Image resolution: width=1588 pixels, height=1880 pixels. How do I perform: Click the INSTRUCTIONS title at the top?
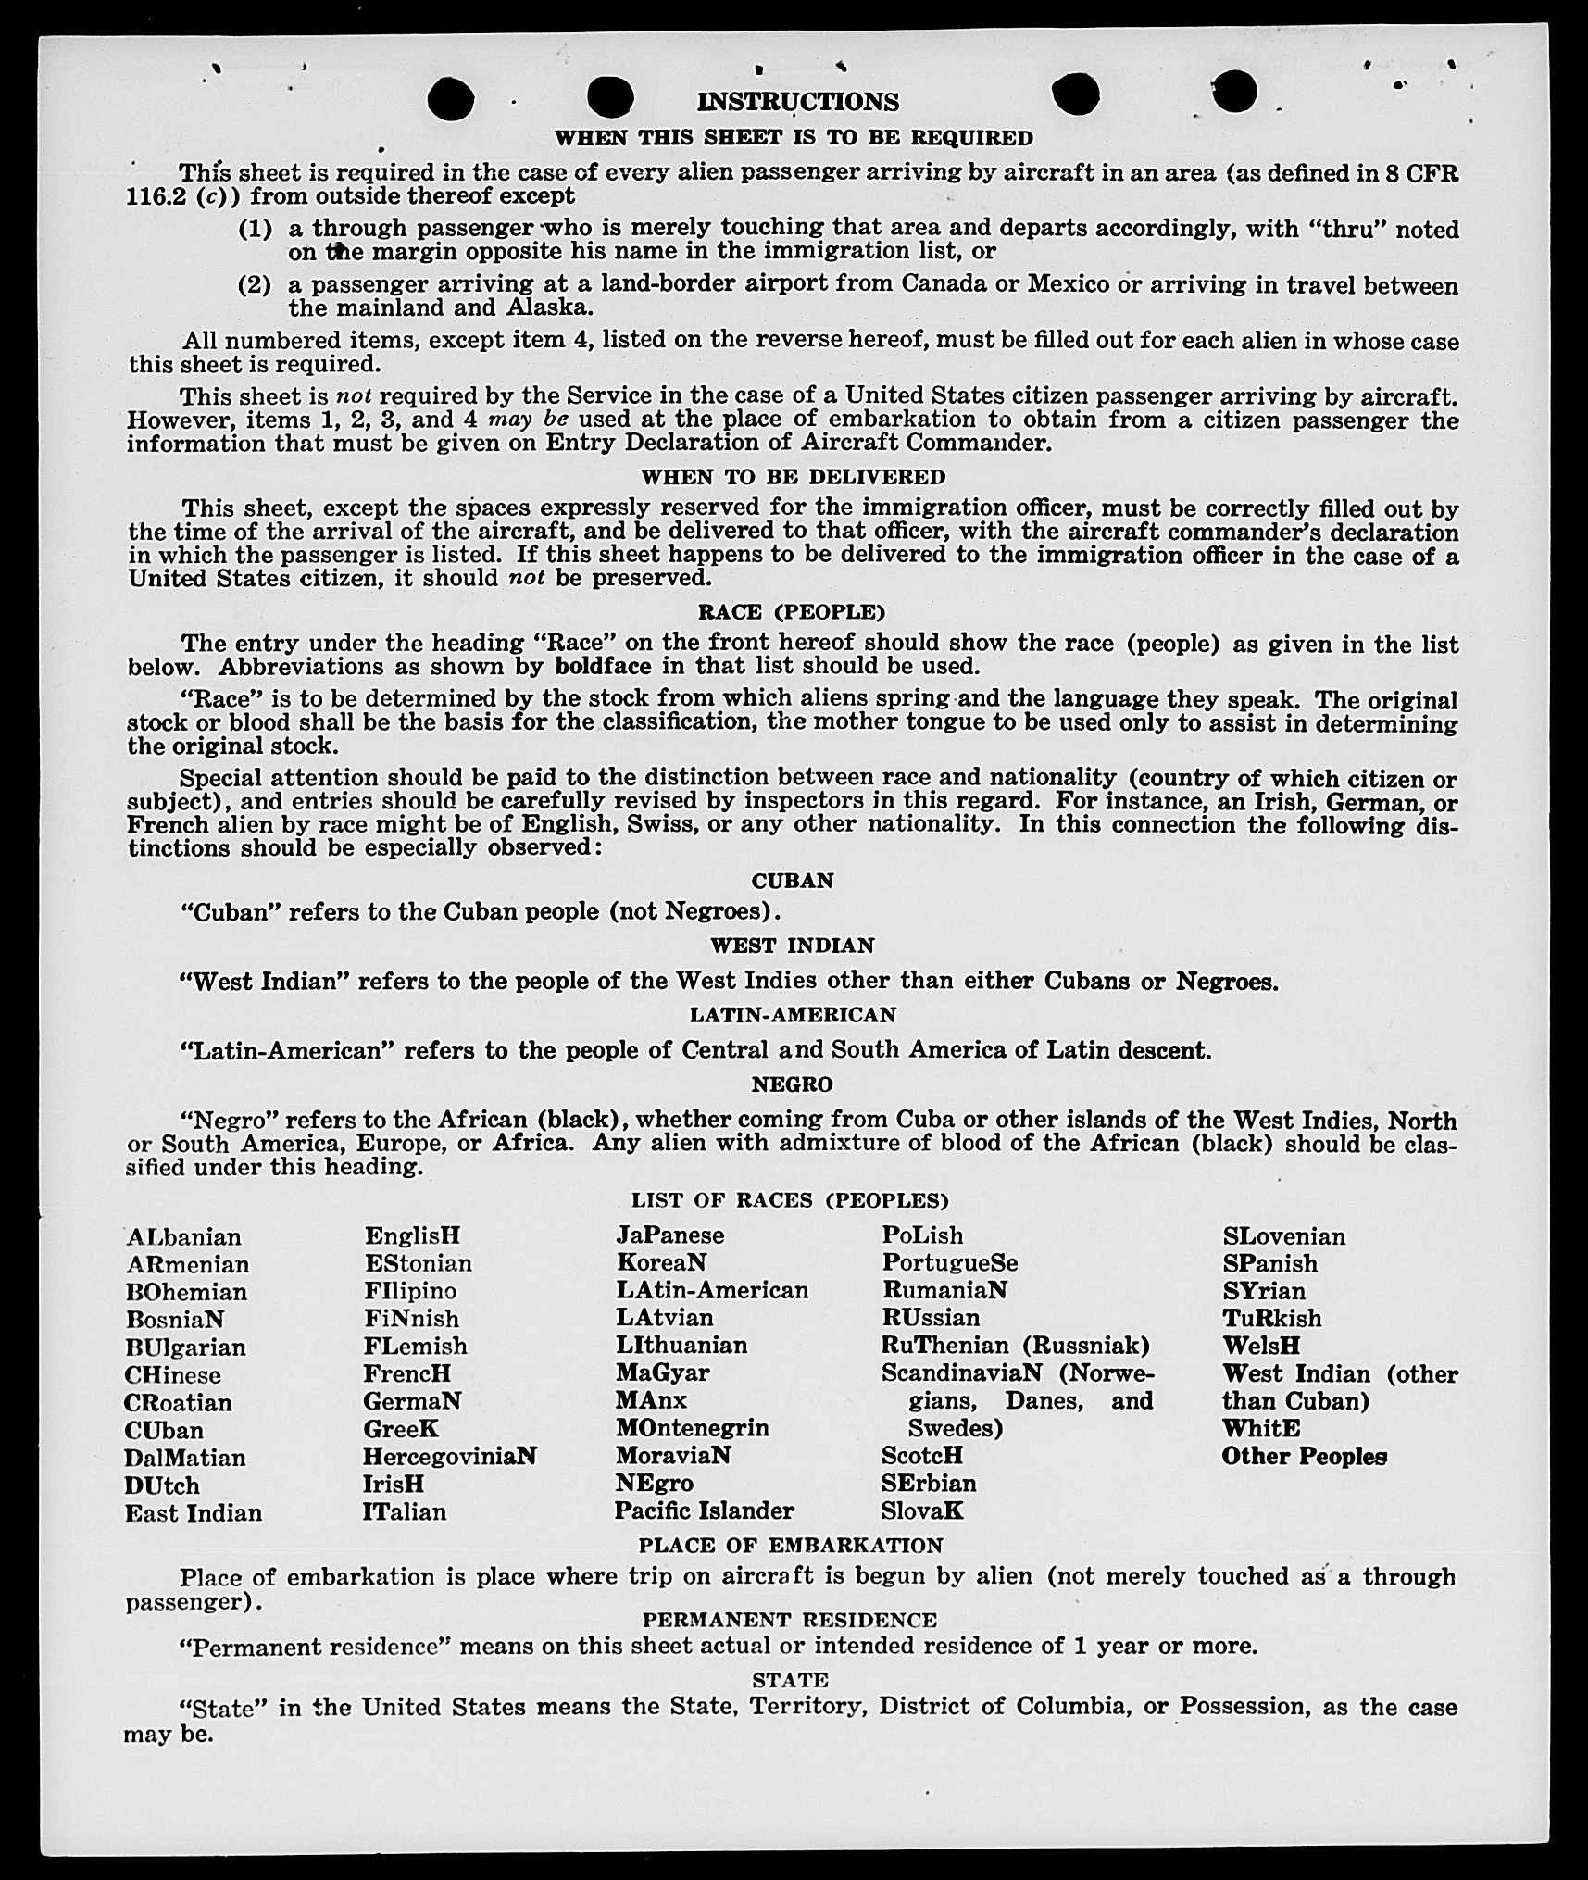click(x=797, y=101)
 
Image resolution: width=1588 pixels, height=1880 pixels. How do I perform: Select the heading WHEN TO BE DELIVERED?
click(x=794, y=477)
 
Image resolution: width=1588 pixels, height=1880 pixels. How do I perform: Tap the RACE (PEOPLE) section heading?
click(x=792, y=612)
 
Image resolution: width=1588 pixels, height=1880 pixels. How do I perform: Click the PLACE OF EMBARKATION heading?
click(x=791, y=1545)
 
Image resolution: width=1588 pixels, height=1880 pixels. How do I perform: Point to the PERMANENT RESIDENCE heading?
click(x=790, y=1620)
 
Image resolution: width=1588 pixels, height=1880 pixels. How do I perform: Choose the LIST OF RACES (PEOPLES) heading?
click(x=790, y=1200)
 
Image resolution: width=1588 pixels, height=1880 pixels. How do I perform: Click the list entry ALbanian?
click(x=183, y=1237)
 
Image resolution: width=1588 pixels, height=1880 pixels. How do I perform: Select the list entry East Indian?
click(x=194, y=1513)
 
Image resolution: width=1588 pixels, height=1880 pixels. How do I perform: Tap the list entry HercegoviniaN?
click(x=450, y=1457)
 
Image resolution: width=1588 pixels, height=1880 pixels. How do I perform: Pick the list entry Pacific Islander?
click(x=705, y=1511)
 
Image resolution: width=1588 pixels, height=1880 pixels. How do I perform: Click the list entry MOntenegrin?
click(x=693, y=1428)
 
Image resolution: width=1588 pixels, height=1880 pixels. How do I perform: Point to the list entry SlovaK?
click(x=922, y=1511)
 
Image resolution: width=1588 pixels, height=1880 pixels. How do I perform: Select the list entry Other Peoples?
click(x=1304, y=1457)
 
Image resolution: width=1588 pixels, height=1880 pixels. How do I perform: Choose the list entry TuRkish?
click(x=1272, y=1319)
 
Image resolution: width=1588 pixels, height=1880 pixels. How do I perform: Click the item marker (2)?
click(x=255, y=284)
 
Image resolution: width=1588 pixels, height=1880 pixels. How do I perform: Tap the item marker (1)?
click(x=255, y=228)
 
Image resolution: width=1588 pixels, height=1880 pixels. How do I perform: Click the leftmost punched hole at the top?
click(x=451, y=98)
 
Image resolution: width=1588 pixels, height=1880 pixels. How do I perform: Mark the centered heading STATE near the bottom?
click(x=790, y=1680)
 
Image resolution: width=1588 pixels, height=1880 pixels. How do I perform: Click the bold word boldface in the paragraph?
click(x=605, y=667)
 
